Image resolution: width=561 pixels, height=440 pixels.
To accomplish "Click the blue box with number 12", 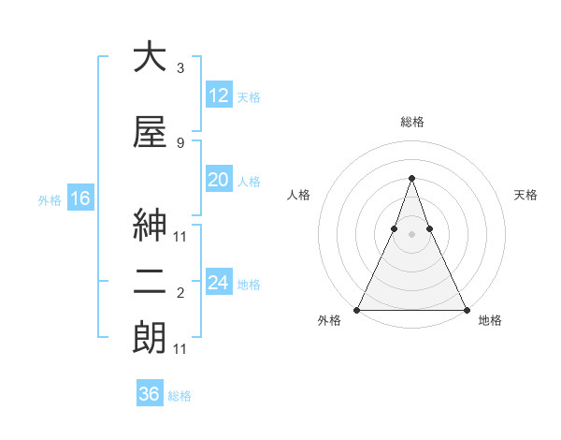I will [218, 95].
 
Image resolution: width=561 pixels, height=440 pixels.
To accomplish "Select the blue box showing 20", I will [218, 181].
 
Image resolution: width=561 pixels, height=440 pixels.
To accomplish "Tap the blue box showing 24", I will [218, 284].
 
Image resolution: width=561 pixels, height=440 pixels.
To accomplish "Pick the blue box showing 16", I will [79, 198].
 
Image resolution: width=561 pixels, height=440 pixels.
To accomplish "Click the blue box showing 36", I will [150, 394].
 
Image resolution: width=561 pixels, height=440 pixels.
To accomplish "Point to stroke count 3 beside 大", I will [180, 68].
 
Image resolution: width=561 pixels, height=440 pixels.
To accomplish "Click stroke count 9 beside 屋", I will [180, 143].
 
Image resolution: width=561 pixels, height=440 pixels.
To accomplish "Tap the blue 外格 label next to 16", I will [50, 199].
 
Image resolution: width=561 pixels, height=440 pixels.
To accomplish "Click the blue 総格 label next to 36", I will [180, 396].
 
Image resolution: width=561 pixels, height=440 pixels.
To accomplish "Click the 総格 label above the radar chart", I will [412, 122].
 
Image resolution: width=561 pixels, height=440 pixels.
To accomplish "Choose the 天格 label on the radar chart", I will [526, 195].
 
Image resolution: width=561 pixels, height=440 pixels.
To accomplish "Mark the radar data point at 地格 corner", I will [466, 309].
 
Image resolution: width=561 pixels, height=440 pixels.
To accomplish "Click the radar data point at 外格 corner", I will [357, 309].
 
